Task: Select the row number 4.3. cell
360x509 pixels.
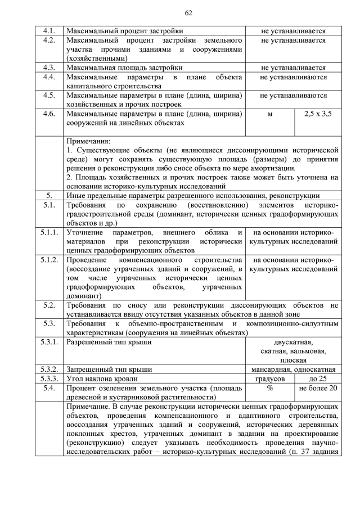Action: [x=49, y=67]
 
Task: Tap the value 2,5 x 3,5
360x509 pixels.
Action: [x=318, y=114]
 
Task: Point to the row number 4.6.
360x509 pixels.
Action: [x=49, y=114]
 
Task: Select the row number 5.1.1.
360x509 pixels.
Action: [x=49, y=232]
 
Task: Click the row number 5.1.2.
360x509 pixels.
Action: [x=49, y=260]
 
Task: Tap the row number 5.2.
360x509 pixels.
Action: [x=49, y=305]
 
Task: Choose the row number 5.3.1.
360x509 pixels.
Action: [x=49, y=342]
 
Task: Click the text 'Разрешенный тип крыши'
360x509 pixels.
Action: [x=105, y=342]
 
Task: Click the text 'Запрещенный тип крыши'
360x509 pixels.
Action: [x=106, y=370]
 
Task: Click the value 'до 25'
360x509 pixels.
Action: [x=318, y=379]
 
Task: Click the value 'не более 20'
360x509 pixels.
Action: [x=318, y=388]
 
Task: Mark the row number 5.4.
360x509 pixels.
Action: [x=49, y=388]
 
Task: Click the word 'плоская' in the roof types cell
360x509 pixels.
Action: [x=293, y=360]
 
